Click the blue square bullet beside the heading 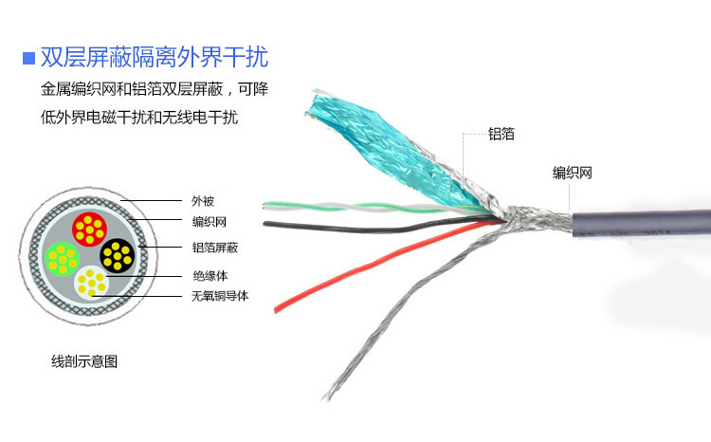[x=28, y=59]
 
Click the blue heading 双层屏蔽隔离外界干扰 [x=155, y=57]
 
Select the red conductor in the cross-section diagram [x=89, y=230]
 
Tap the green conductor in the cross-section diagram [x=63, y=259]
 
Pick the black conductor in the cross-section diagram [x=118, y=255]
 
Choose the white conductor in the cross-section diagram [x=92, y=283]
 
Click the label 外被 [x=203, y=201]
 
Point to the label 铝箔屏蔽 [x=215, y=248]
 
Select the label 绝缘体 [x=210, y=276]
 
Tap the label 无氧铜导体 [x=220, y=296]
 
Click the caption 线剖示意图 [x=84, y=361]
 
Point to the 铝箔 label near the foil [x=501, y=134]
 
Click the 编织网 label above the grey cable [x=573, y=173]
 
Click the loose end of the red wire [x=276, y=309]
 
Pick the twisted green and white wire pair [x=372, y=208]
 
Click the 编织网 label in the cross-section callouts [x=210, y=222]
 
